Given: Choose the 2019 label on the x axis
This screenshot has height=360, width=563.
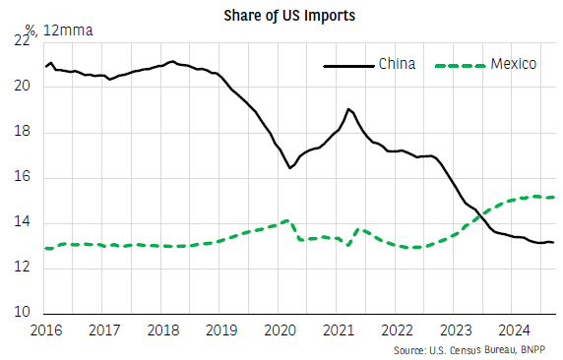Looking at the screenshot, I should (222, 330).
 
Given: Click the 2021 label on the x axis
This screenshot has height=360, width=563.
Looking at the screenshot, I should (339, 330).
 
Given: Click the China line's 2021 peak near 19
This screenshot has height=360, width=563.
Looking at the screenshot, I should (348, 108).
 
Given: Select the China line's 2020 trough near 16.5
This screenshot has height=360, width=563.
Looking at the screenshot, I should (290, 168).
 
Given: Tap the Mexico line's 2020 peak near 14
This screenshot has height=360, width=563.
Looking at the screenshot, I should (285, 220).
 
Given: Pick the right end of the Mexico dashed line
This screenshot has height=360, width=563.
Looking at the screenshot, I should (554, 197).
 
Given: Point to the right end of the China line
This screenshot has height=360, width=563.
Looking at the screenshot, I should (554, 242).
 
